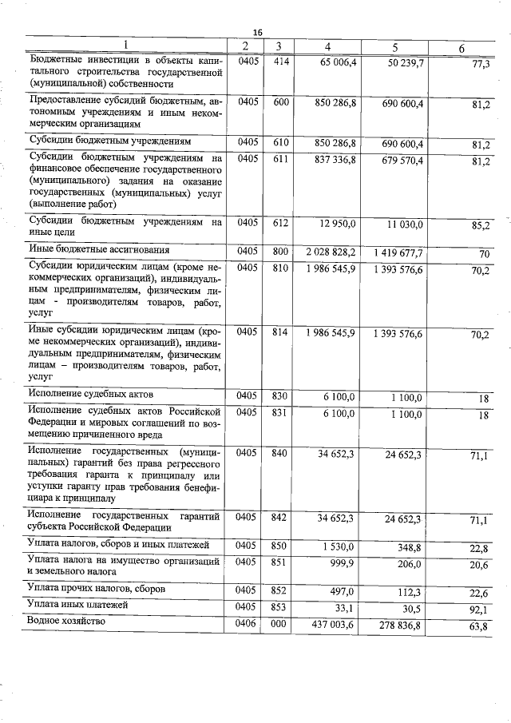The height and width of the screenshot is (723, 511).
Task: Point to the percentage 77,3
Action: click(x=481, y=65)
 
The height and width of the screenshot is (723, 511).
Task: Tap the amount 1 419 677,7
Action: click(x=397, y=253)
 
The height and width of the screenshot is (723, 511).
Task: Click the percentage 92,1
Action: click(x=479, y=610)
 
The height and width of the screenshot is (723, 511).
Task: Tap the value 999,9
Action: click(x=341, y=564)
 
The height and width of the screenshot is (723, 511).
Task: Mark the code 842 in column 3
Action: click(x=279, y=518)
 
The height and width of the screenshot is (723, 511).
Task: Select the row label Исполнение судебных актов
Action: click(x=89, y=394)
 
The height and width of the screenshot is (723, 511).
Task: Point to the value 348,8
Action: click(x=408, y=546)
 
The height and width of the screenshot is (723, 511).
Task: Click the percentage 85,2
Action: click(x=480, y=226)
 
